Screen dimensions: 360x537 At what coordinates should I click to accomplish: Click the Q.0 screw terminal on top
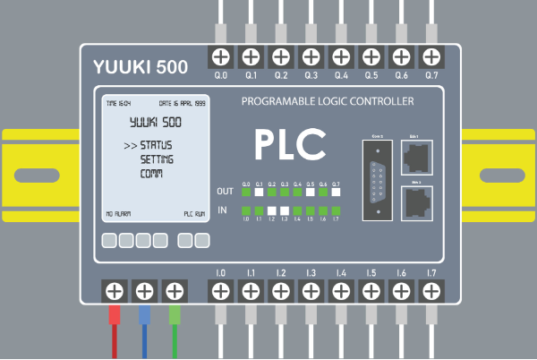[x=220, y=56]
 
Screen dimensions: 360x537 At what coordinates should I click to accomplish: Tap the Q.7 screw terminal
[x=431, y=56]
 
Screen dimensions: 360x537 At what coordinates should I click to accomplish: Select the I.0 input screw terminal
[x=220, y=290]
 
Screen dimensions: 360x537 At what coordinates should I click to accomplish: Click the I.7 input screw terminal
[x=431, y=290]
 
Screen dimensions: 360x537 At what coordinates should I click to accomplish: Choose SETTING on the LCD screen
[x=157, y=159]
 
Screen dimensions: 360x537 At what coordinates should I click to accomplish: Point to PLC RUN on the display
[x=194, y=215]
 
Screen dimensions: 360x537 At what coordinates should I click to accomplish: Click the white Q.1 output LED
[x=259, y=192]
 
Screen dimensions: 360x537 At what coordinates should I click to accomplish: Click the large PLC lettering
[x=288, y=144]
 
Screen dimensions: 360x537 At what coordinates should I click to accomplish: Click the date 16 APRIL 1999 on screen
[x=183, y=102]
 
